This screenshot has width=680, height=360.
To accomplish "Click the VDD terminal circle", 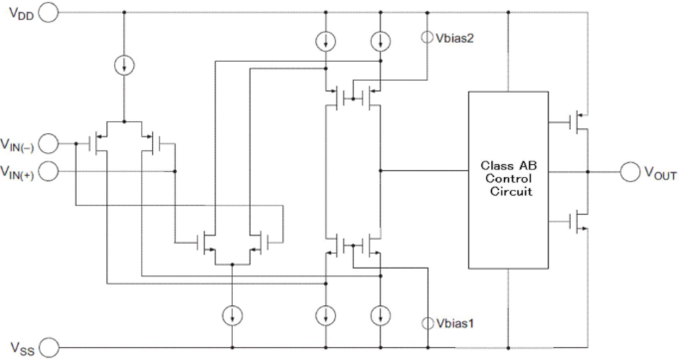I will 49,13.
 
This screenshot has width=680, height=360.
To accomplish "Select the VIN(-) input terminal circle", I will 49,144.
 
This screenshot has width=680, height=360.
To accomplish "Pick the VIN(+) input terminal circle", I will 49,172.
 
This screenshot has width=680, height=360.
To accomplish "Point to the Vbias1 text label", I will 455,323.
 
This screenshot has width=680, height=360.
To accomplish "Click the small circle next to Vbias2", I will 427,37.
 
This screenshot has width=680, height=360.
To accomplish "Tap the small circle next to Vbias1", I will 427,323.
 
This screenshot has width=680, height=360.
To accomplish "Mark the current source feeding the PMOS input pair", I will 125,65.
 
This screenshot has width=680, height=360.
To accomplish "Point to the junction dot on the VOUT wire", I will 587,172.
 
